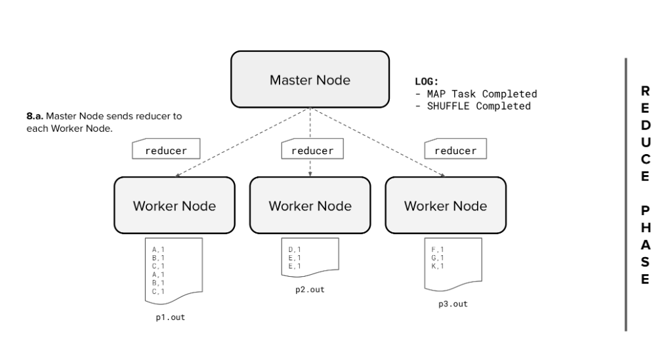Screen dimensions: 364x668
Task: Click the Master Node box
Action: [x=310, y=80]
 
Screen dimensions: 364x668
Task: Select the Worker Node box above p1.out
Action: [x=174, y=205]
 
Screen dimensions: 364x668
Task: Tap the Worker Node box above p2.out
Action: [x=310, y=205]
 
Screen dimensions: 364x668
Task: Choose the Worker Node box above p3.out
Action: [x=446, y=205]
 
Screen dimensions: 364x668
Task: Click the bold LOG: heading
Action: [x=427, y=82]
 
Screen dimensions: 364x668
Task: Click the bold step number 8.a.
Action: [x=35, y=116]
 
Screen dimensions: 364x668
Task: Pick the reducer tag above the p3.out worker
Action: [x=455, y=150]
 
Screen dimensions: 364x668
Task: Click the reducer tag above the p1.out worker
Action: [x=165, y=150]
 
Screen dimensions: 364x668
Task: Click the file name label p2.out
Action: [x=310, y=289]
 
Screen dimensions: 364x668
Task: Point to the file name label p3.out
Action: [x=453, y=304]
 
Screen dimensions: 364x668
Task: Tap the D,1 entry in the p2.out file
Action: [x=294, y=250]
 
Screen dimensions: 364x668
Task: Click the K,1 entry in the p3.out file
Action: [x=438, y=266]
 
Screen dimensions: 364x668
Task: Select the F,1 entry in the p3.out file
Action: [x=438, y=250]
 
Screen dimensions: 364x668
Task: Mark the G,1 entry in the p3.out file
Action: [x=438, y=258]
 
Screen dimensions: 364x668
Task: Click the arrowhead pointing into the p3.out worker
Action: [x=444, y=175]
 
